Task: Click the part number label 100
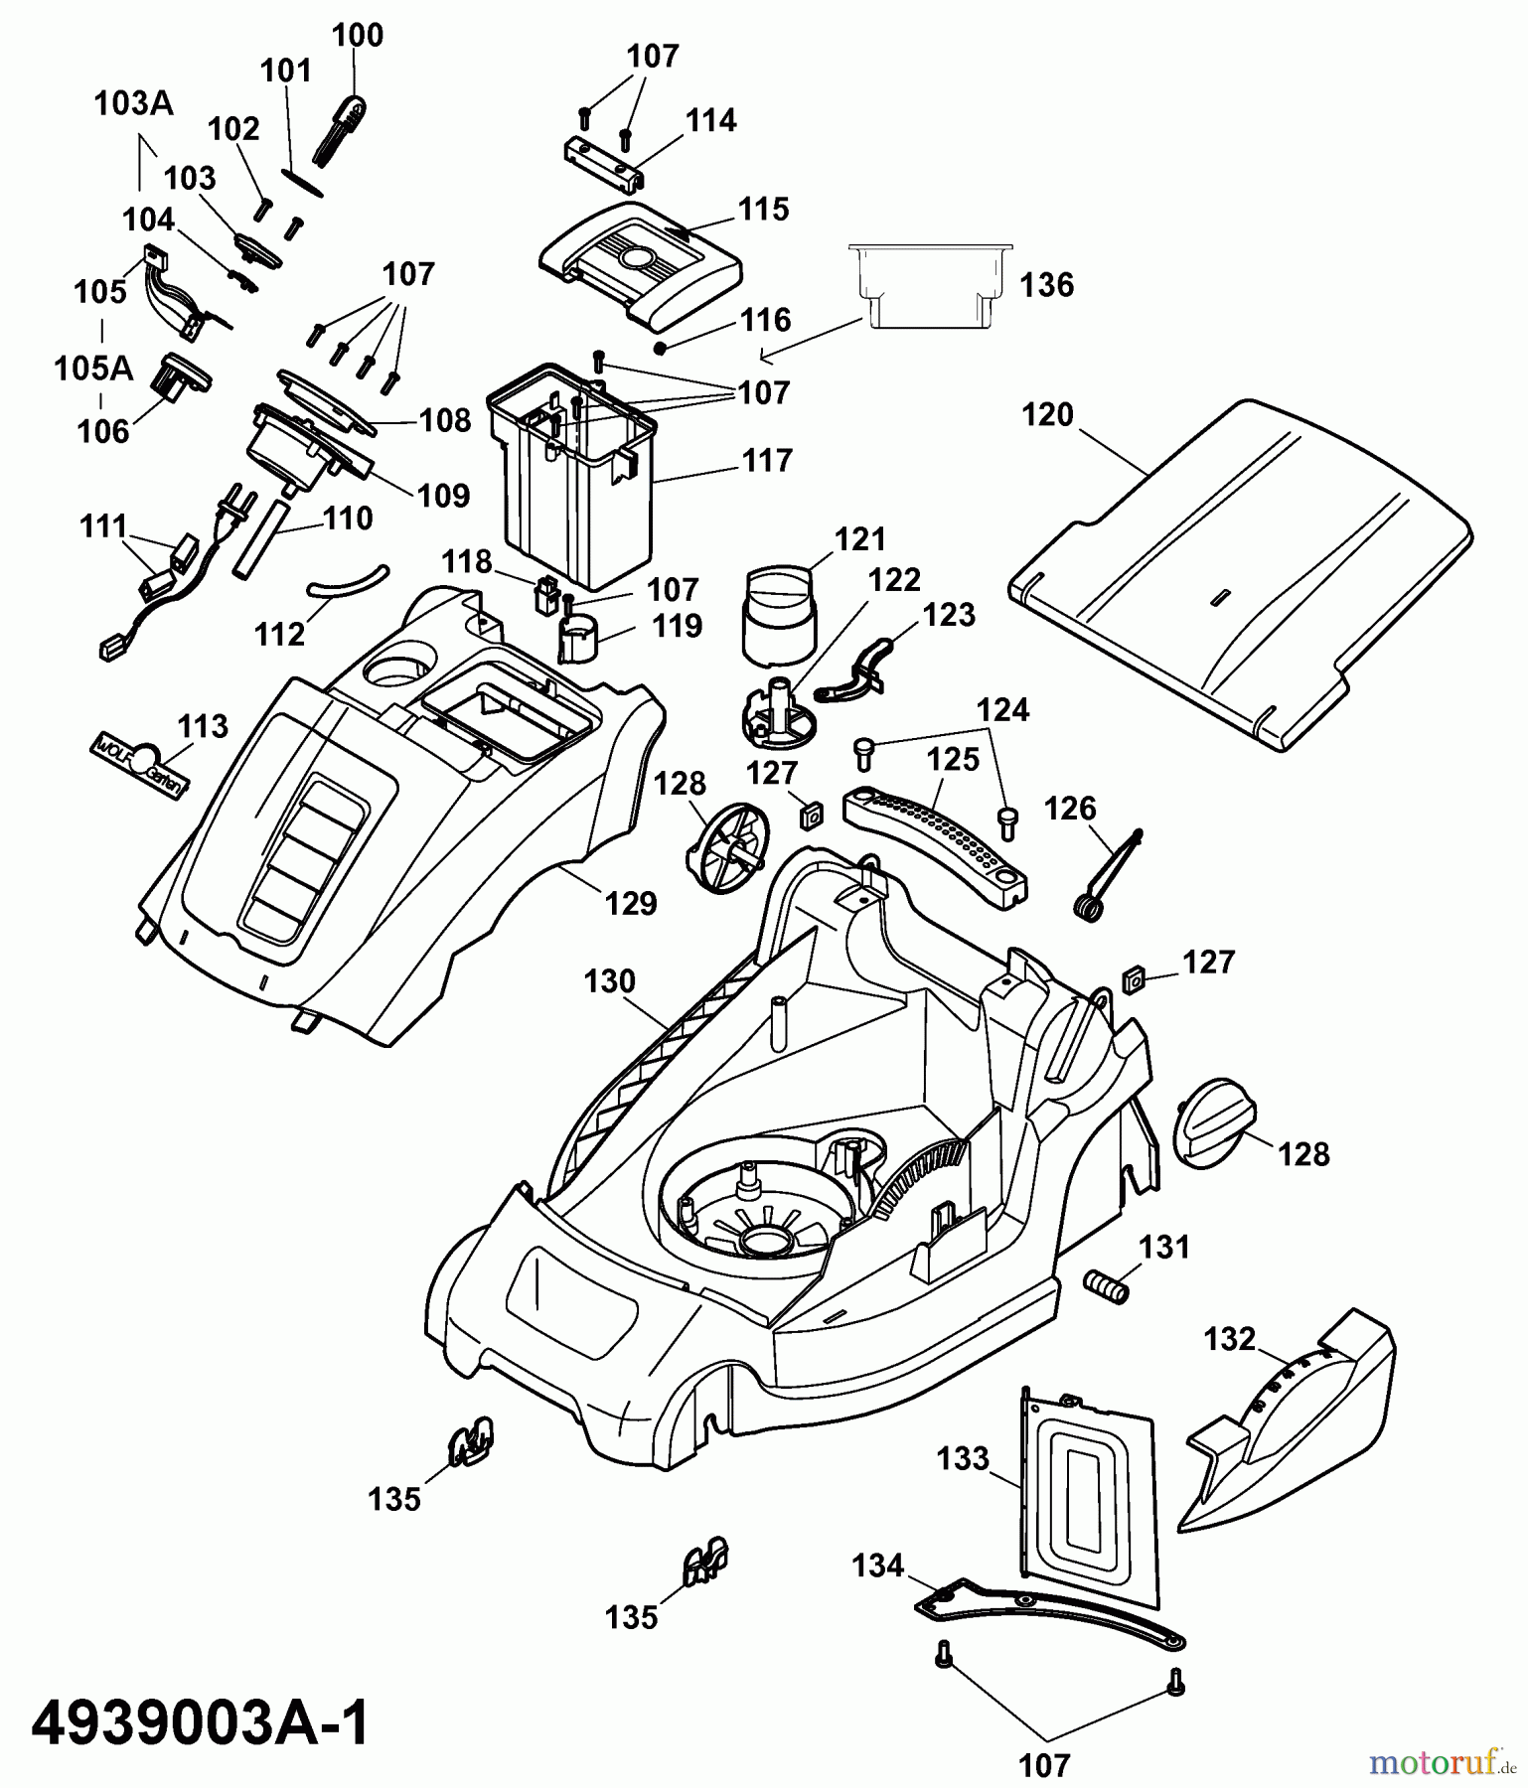[x=357, y=36]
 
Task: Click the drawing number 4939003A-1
[x=200, y=1723]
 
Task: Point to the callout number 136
[x=1047, y=285]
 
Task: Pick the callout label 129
[x=632, y=903]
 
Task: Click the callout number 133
[x=963, y=1458]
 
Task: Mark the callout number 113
[x=203, y=726]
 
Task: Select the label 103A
[x=133, y=103]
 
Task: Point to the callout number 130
[x=608, y=981]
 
